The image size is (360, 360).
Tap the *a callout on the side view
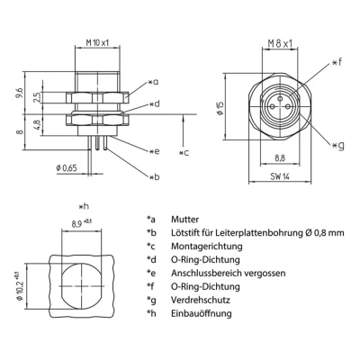[155, 82]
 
